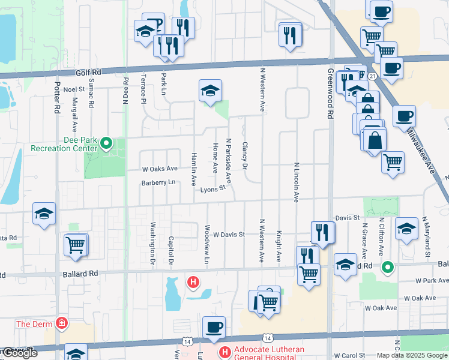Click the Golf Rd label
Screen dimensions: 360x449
[88, 72]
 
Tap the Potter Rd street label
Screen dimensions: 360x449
[58, 98]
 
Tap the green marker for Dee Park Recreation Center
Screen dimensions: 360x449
[106, 143]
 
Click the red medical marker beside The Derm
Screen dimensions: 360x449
[61, 324]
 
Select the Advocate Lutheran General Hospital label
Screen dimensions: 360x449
[270, 353]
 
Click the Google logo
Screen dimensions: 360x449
[19, 353]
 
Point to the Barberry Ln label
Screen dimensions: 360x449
[158, 182]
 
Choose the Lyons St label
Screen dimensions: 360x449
[213, 189]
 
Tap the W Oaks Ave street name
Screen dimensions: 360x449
[160, 169]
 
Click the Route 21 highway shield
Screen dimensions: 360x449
[372, 76]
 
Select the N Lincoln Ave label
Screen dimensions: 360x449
[296, 182]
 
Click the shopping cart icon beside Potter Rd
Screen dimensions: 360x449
[76, 245]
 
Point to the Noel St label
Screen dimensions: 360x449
[74, 89]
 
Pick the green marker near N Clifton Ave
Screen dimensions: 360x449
[388, 266]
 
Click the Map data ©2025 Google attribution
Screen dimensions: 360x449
[412, 355]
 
